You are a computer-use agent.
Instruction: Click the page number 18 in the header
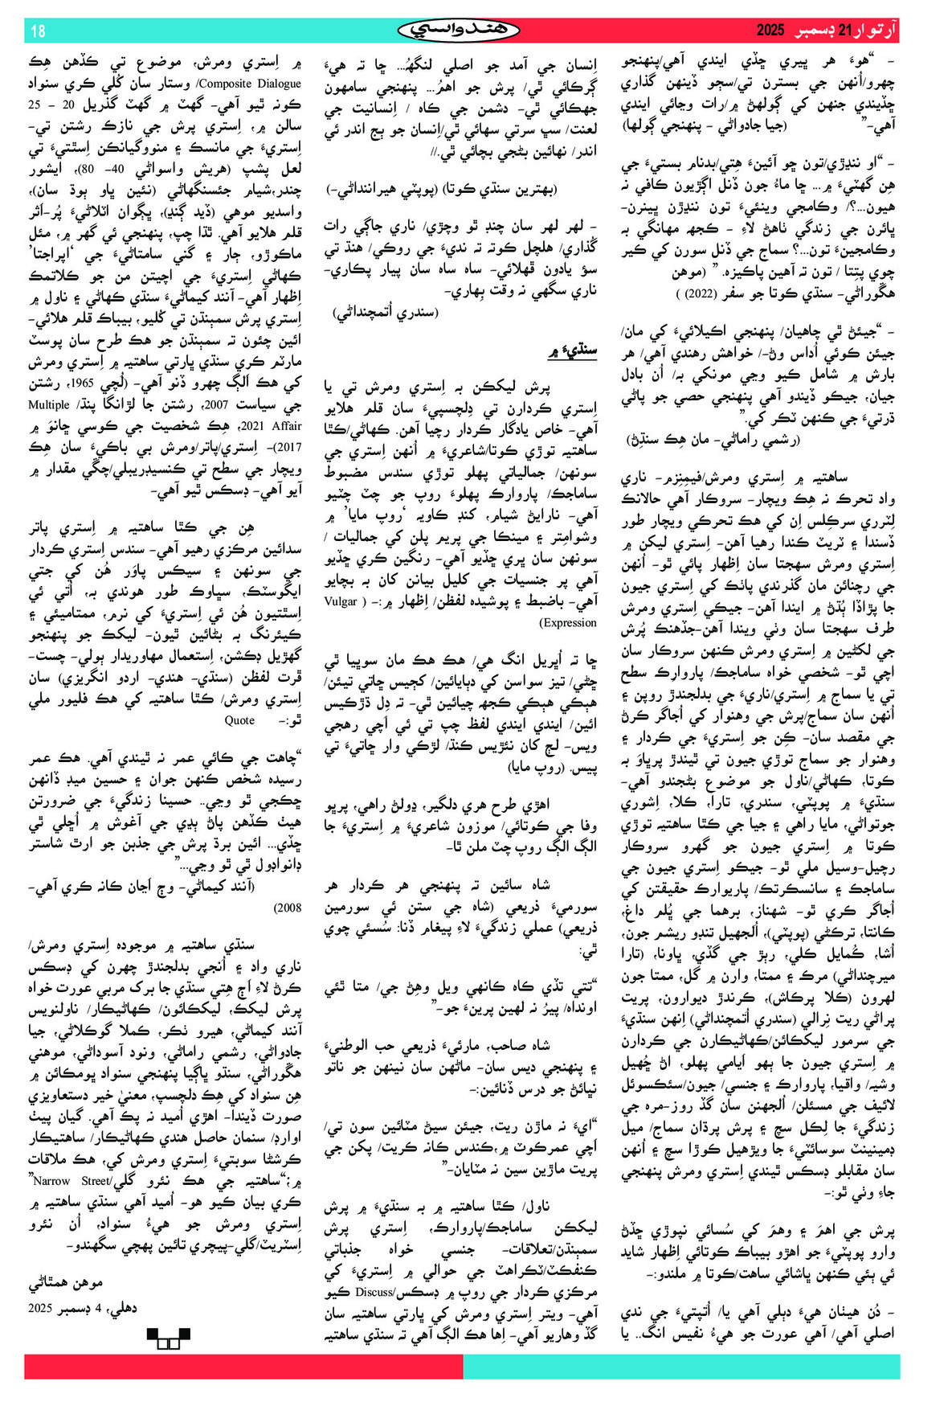pyautogui.click(x=39, y=31)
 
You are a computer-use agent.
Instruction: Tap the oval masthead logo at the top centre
pyautogui.click(x=460, y=31)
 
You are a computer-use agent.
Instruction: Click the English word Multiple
pyautogui.click(x=49, y=405)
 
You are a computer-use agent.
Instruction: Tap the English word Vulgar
pyautogui.click(x=341, y=601)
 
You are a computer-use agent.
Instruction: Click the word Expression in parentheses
pyautogui.click(x=568, y=622)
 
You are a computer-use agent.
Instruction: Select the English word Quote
pyautogui.click(x=240, y=720)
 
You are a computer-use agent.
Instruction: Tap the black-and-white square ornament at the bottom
pyautogui.click(x=168, y=1338)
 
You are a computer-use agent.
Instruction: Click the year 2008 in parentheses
pyautogui.click(x=287, y=908)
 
